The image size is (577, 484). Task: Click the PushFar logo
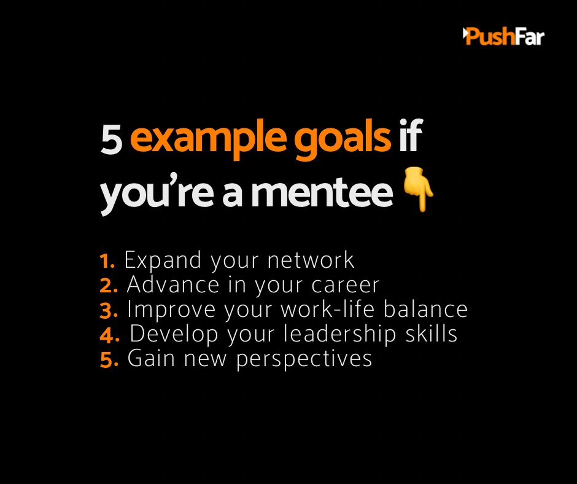(503, 36)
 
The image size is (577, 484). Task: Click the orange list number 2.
(108, 286)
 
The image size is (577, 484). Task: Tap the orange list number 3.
(109, 311)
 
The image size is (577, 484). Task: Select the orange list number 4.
(109, 335)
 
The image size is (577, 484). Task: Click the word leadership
(355, 335)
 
